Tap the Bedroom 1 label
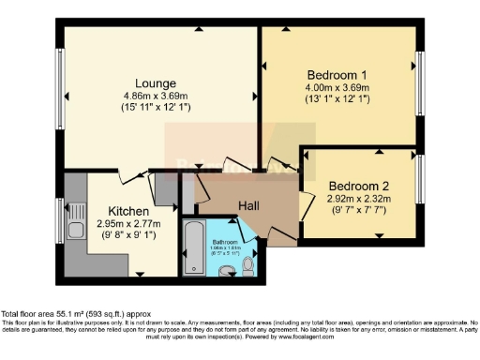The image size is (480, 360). [337, 75]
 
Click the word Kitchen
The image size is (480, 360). [127, 211]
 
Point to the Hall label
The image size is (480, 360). [248, 205]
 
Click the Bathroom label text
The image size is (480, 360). [225, 241]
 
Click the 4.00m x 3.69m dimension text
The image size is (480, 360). [337, 89]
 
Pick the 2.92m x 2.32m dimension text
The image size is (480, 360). [357, 200]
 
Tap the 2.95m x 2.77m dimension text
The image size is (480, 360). [127, 224]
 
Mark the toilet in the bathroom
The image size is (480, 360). [247, 268]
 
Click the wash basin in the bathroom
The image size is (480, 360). [225, 272]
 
